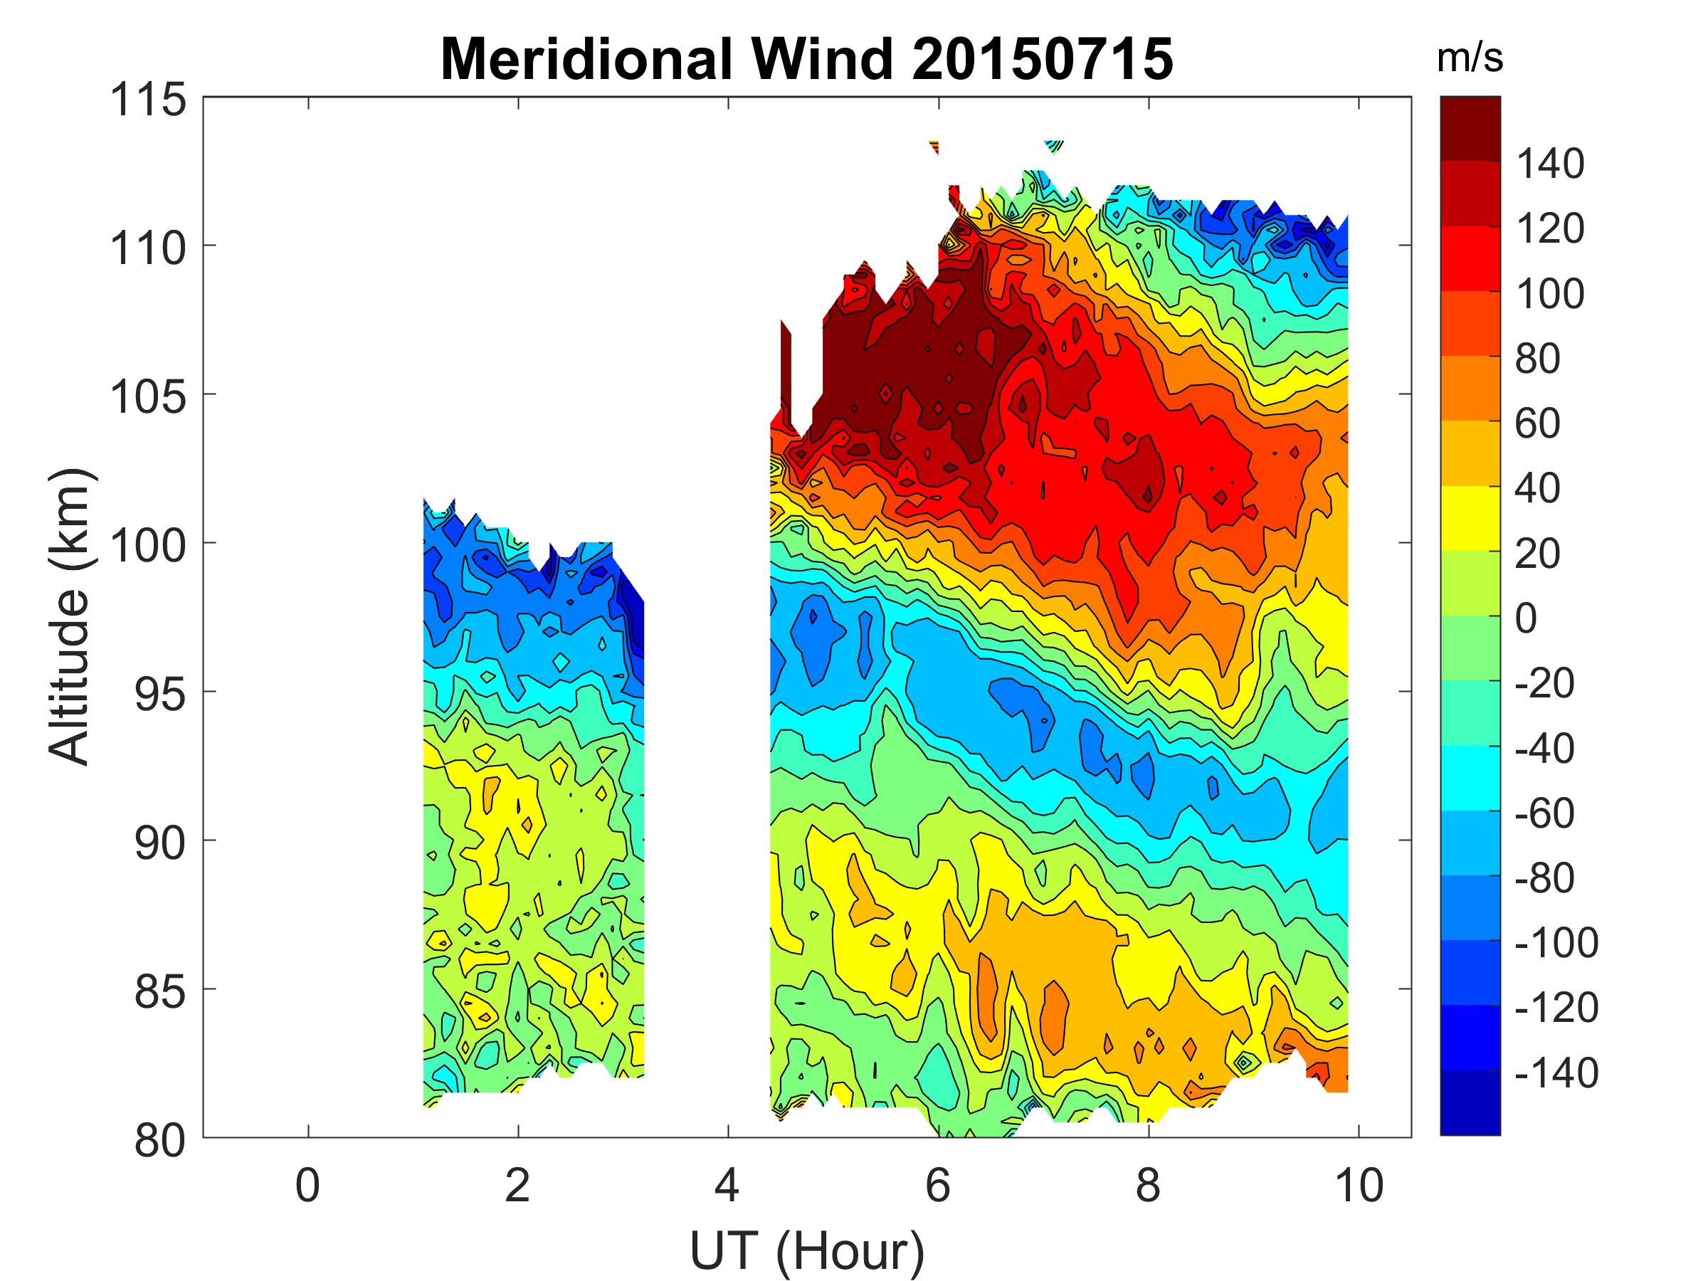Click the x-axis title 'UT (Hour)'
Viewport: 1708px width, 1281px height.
[807, 1250]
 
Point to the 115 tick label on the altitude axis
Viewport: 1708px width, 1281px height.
[148, 100]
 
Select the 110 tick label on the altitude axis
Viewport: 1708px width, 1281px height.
[148, 248]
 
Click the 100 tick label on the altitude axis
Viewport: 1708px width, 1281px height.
[148, 546]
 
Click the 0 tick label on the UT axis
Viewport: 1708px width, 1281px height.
[307, 1185]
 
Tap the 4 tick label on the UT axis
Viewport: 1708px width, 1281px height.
[727, 1185]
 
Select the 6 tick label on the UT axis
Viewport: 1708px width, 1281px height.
[937, 1185]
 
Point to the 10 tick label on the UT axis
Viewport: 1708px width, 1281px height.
[1358, 1185]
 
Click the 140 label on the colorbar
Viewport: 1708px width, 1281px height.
[1550, 164]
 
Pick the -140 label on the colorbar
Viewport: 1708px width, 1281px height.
[1556, 1073]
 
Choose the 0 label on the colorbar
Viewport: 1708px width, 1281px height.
[1526, 619]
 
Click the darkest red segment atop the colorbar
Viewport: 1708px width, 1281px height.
[1470, 128]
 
